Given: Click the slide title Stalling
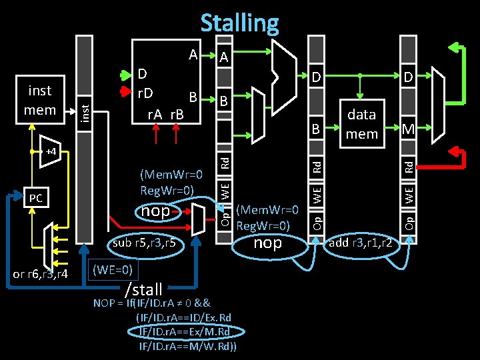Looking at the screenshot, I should coord(239,23).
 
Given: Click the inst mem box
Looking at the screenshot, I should coord(40,100).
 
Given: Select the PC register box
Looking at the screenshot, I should coord(36,198).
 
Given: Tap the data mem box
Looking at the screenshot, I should coord(361,123).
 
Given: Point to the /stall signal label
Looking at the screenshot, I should coord(143,289).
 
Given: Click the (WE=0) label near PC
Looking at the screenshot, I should coord(113,269).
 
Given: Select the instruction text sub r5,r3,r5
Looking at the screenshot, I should coord(144,243).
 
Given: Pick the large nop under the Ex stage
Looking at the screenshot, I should coord(268,242).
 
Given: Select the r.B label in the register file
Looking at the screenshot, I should coord(178,115).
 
